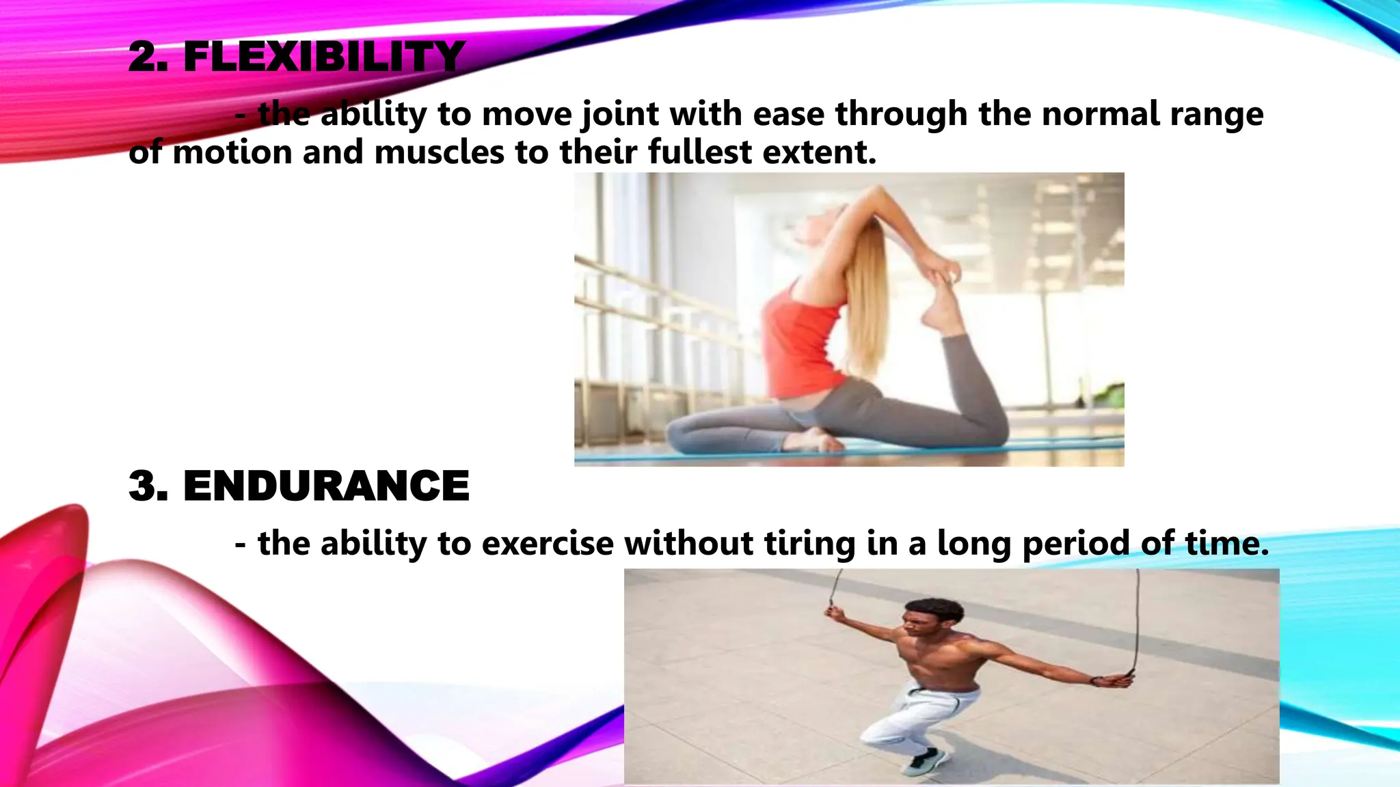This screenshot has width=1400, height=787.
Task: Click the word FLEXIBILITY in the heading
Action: pyautogui.click(x=324, y=57)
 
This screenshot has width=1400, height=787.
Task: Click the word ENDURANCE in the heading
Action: pyautogui.click(x=326, y=486)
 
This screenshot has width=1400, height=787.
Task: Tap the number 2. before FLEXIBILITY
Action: pyautogui.click(x=148, y=57)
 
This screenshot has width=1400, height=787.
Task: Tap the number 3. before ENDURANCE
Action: pyautogui.click(x=148, y=486)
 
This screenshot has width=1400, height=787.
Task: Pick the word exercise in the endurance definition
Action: pyautogui.click(x=548, y=544)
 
